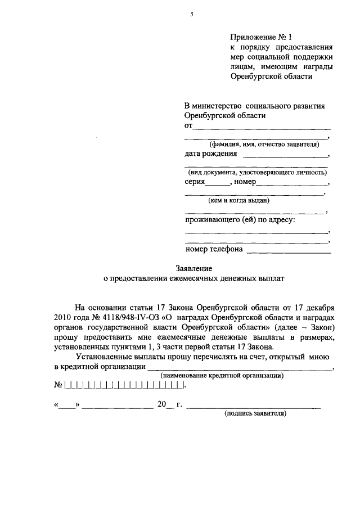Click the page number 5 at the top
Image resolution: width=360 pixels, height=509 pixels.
pyautogui.click(x=191, y=15)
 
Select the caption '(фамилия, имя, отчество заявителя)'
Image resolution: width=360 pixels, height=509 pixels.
pyautogui.click(x=257, y=145)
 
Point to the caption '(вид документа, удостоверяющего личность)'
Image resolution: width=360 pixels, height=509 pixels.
pyautogui.click(x=258, y=173)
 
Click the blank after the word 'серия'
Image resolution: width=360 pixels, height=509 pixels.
pyautogui.click(x=218, y=184)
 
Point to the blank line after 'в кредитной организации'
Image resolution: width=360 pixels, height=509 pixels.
pyautogui.click(x=239, y=368)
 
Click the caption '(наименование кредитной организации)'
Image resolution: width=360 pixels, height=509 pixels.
pyautogui.click(x=222, y=376)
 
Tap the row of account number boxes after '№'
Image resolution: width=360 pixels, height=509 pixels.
pyautogui.click(x=124, y=386)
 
